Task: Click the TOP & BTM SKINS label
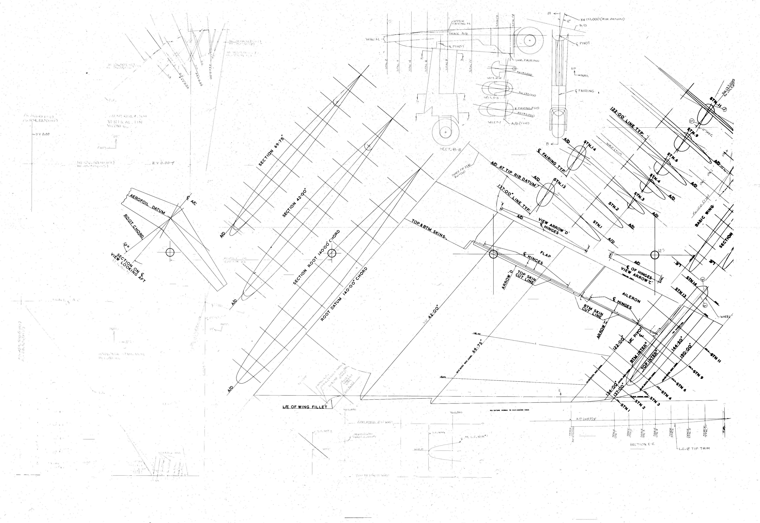(x=428, y=228)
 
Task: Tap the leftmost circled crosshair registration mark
(x=170, y=252)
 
